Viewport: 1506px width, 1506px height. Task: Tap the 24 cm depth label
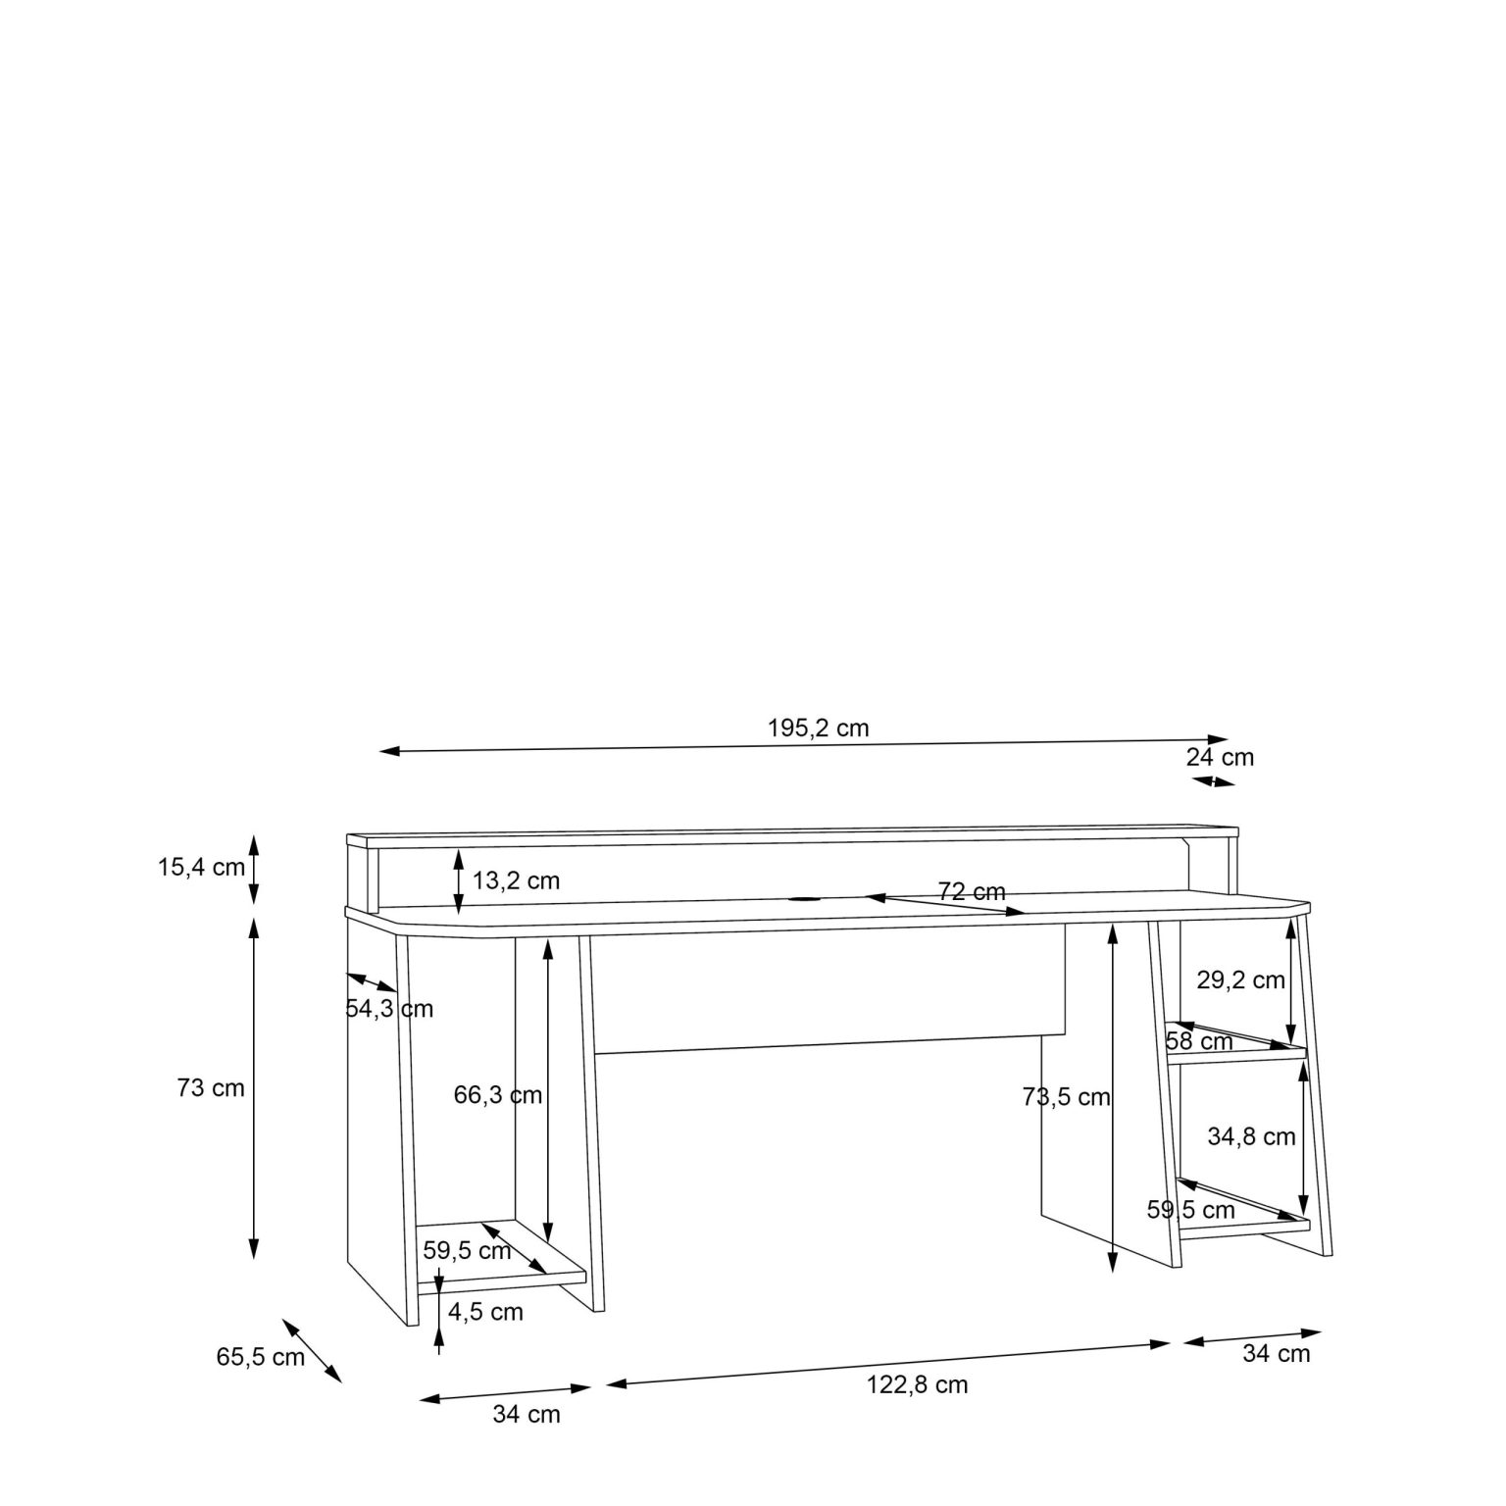point(1220,757)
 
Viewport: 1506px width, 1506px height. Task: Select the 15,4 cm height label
point(202,867)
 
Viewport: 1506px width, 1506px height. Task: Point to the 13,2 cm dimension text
point(517,880)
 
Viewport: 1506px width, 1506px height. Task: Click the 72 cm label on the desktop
point(972,892)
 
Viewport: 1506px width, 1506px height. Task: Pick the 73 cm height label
point(211,1087)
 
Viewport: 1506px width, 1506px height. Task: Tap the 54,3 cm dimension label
point(389,1009)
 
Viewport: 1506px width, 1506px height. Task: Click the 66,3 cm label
point(498,1095)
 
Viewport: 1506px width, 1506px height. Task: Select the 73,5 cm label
point(1067,1097)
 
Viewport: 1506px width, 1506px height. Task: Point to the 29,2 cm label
point(1240,979)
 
